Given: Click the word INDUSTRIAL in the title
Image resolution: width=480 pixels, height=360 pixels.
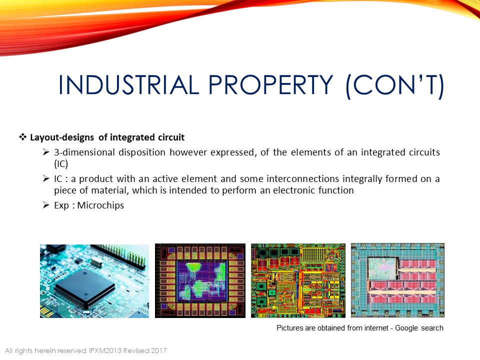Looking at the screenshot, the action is (129, 84).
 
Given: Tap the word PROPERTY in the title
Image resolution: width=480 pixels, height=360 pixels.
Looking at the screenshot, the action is (270, 84).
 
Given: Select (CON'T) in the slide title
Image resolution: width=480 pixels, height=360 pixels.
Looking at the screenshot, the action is (394, 85).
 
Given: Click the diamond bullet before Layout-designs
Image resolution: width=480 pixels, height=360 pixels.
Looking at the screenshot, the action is (23, 137).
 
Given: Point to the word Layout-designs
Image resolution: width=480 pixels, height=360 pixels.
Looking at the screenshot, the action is (62, 137).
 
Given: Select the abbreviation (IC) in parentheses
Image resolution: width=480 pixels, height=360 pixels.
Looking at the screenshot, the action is (61, 164).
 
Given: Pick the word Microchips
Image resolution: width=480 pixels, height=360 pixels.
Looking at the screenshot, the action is (100, 205).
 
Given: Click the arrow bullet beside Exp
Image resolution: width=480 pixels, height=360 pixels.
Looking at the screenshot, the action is (46, 205).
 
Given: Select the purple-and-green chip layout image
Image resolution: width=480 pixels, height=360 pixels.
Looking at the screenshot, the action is (200, 280).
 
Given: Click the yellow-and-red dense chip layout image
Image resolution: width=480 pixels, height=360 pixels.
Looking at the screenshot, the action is (298, 280).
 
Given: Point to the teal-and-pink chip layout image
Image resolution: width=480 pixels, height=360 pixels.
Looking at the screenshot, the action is (397, 280).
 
